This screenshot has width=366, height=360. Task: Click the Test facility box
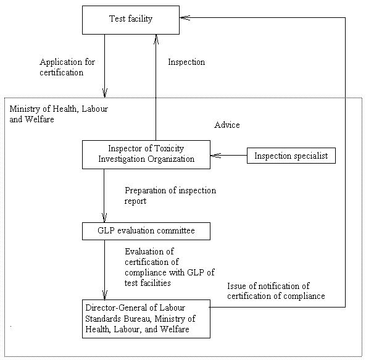pos(131,20)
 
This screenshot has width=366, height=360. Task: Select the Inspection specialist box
pos(291,156)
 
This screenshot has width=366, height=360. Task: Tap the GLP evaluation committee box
pos(146,231)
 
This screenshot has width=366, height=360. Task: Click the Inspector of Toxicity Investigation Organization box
pos(146,154)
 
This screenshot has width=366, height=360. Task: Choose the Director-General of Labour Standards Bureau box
pos(146,319)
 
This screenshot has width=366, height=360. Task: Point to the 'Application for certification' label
pos(67,67)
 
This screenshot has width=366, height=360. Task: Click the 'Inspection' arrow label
pos(186,62)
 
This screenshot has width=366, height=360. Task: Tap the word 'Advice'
pos(227,125)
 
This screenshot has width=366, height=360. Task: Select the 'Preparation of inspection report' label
pos(170,196)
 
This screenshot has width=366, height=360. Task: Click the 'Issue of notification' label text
pos(276,291)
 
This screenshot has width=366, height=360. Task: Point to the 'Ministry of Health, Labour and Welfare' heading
pos(59,114)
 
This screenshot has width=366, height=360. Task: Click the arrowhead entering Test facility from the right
pos(185,17)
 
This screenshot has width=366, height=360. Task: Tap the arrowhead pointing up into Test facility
pos(156,40)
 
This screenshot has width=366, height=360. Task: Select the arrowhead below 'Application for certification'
pos(105,93)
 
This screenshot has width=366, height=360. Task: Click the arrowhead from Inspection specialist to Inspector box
pos(215,156)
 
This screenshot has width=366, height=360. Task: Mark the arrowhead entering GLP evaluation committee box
pos(104,218)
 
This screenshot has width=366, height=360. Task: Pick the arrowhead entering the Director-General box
pos(104,295)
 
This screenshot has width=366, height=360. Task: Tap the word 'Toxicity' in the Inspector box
pos(169,149)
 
